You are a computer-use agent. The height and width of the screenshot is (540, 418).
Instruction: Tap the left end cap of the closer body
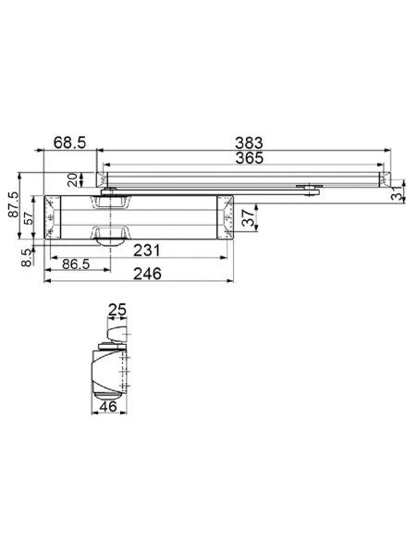(x=51, y=218)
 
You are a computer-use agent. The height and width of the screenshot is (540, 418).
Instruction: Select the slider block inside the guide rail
(x=308, y=189)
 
